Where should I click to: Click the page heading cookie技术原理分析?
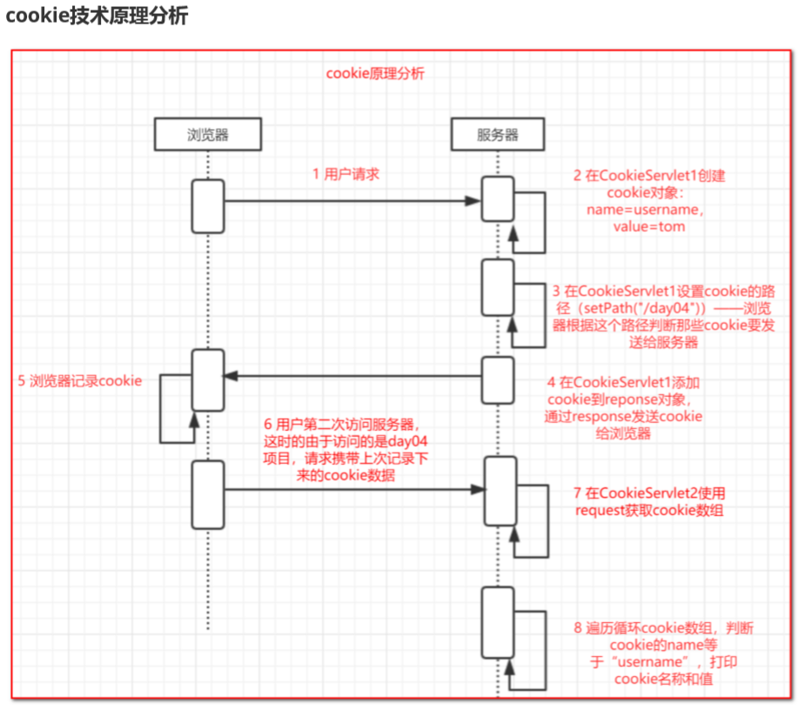pyautogui.click(x=97, y=17)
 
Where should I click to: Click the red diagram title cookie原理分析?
pyautogui.click(x=375, y=74)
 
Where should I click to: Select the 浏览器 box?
pyautogui.click(x=208, y=134)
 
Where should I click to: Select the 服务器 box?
pyautogui.click(x=498, y=134)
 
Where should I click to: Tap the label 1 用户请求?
pyautogui.click(x=345, y=173)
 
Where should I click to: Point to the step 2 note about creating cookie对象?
pyautogui.click(x=648, y=200)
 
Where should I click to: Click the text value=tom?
pyautogui.click(x=648, y=226)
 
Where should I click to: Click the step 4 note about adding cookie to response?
pyautogui.click(x=624, y=407)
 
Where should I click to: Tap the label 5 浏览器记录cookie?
pyautogui.click(x=80, y=380)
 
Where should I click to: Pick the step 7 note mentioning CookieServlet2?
pyautogui.click(x=649, y=502)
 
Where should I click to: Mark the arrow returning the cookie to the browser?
pyautogui.click(x=352, y=376)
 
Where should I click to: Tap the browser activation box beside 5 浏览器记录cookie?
pyautogui.click(x=208, y=381)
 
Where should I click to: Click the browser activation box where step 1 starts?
pyautogui.click(x=208, y=206)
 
